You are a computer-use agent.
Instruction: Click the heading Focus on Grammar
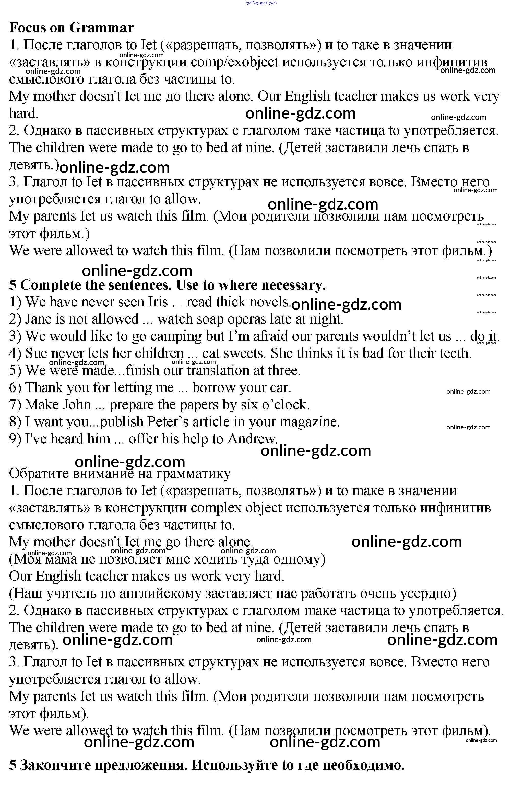(72, 28)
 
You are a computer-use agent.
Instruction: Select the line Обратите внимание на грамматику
(120, 473)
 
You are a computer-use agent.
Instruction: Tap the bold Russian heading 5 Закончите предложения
(207, 774)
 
